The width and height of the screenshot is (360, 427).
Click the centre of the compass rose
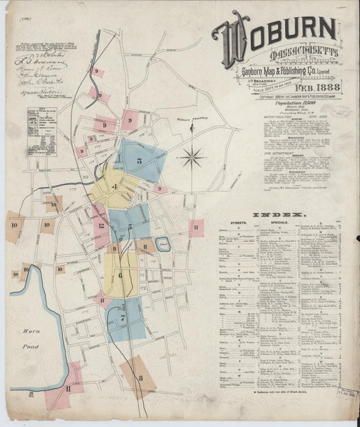coord(192,158)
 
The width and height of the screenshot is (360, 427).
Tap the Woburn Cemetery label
coord(177,122)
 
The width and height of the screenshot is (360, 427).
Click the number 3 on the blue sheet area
coord(138,161)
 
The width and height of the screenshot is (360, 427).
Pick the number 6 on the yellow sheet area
coord(120,275)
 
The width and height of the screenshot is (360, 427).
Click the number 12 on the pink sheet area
coord(100,226)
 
